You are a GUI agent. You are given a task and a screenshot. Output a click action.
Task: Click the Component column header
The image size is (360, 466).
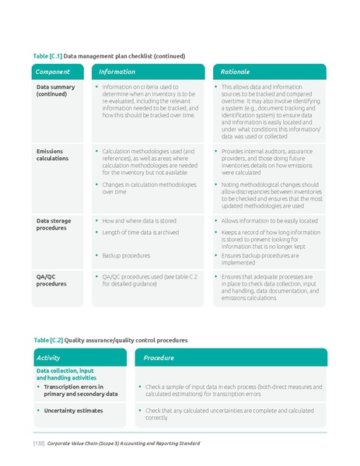[53, 72]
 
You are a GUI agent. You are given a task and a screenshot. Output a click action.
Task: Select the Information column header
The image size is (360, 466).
[117, 72]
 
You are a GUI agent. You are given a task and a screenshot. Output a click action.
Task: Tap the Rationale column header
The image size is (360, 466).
[236, 72]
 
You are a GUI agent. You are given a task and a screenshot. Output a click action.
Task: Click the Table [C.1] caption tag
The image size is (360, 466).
[47, 56]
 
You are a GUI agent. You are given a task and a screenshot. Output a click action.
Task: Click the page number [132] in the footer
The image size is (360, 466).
[38, 443]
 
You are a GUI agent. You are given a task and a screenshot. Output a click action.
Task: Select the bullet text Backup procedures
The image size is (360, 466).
[126, 255]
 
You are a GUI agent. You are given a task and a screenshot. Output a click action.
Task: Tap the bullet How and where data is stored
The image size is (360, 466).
[139, 221]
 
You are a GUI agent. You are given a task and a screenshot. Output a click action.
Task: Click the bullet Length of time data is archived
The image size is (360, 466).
[140, 233]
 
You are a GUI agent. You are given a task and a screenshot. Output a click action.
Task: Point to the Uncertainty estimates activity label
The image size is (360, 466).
[73, 410]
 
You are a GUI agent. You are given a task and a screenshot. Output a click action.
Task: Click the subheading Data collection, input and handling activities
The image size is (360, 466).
[65, 374]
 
